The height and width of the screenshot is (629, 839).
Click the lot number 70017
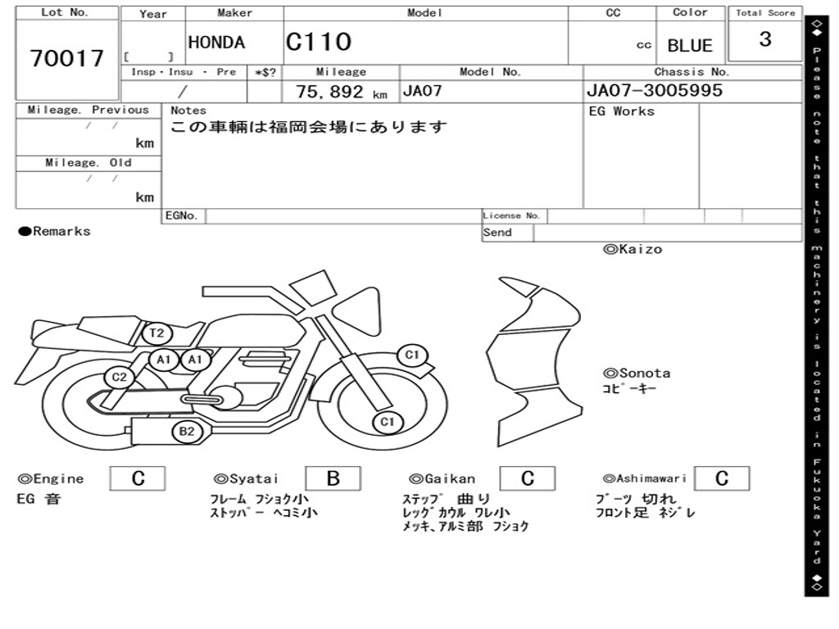(x=66, y=58)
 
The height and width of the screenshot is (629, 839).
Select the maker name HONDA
(x=216, y=43)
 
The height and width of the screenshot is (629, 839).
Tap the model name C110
(x=319, y=42)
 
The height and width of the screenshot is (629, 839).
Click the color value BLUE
(x=690, y=46)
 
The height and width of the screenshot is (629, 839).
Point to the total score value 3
(x=765, y=39)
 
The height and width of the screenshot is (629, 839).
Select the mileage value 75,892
(x=329, y=92)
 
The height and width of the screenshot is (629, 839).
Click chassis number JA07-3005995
(x=655, y=90)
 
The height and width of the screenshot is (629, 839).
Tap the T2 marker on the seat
(x=156, y=334)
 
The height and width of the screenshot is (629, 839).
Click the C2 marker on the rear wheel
(x=119, y=378)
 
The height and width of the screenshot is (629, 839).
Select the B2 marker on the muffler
(x=187, y=432)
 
